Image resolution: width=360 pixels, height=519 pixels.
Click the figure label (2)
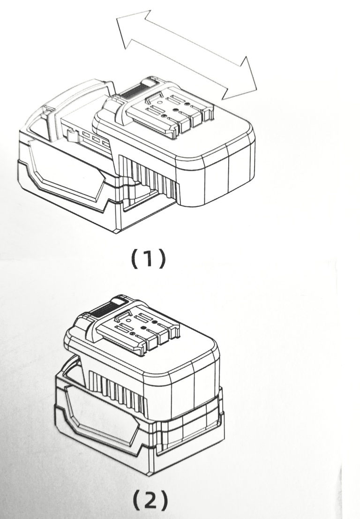pos(148,500)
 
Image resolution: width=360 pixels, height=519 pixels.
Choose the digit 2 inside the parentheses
pos(148,500)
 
